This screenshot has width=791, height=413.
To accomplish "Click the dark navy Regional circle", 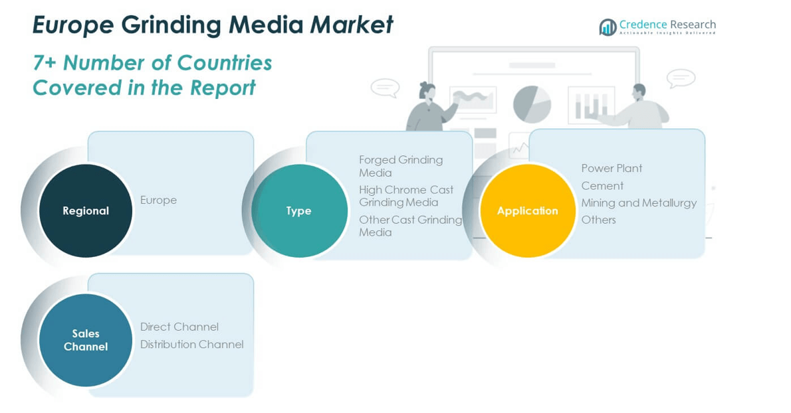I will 86,210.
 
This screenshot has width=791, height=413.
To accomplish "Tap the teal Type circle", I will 299,210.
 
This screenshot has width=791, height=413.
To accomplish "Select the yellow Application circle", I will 528,210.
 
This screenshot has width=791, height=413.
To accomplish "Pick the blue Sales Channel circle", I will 86,340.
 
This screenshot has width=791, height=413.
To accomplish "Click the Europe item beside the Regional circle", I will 158,200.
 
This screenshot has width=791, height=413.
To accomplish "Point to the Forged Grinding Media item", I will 400,166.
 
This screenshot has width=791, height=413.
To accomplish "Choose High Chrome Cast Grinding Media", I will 405,196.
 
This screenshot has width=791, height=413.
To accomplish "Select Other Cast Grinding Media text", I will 409,226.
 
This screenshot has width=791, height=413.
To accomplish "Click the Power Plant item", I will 612,169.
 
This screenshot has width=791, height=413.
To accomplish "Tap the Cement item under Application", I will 602,186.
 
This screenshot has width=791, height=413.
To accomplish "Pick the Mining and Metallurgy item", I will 639,203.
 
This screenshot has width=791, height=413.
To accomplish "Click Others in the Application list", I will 598,220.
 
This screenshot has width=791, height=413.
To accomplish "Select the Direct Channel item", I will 179,327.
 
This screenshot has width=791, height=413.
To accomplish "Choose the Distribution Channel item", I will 191,344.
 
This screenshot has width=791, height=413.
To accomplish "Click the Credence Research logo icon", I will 608,27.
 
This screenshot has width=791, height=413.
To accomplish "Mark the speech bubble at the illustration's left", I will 385,88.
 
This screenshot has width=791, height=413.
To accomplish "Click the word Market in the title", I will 352,25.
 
